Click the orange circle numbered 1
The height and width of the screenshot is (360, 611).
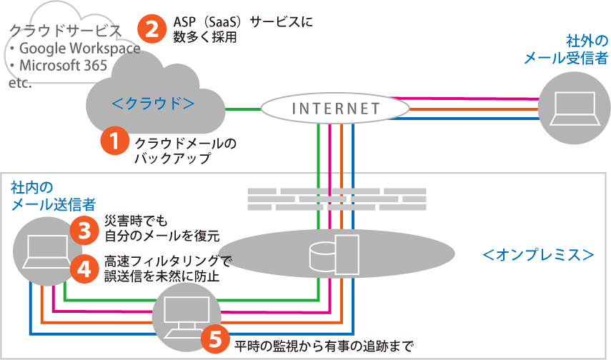pos(114,141)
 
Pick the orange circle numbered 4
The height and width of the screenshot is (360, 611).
pos(84,268)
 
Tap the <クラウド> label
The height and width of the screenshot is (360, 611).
pos(154,104)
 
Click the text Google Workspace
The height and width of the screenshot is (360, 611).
pos(79,49)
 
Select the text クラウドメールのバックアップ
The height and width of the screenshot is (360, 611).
pos(185,151)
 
